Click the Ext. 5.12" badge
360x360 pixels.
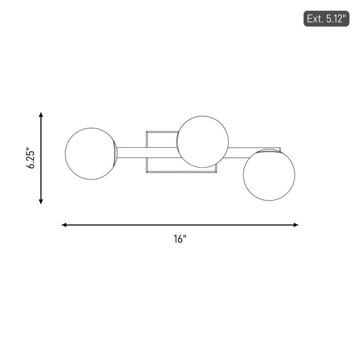pos(326,19)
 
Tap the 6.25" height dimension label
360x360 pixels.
pos(31,158)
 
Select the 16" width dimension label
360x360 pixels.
pos(180,239)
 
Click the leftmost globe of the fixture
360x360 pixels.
pos(91,153)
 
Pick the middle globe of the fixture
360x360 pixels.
pos(203,142)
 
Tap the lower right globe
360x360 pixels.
pos(269,174)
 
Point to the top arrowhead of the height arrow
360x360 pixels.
pos(41,115)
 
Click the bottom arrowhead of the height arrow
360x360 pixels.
pos(41,202)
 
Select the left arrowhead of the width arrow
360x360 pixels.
pos(64,225)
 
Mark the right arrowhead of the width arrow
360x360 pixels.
pos(296,225)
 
